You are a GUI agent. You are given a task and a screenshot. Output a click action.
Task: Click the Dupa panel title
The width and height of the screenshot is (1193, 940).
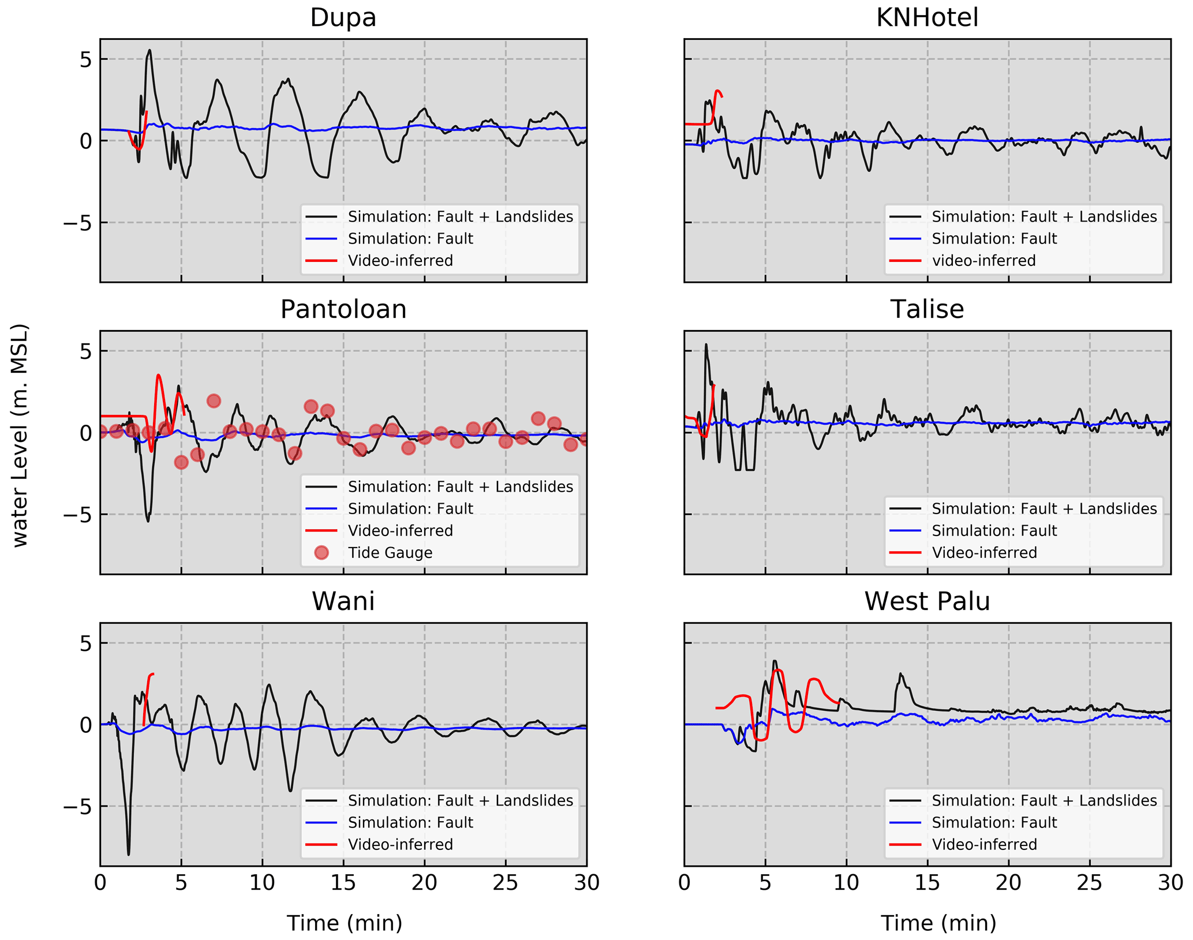[343, 17]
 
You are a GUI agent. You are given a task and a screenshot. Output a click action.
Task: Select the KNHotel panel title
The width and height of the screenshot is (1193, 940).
[927, 17]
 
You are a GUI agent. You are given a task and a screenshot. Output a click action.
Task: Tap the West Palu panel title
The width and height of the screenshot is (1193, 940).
[927, 601]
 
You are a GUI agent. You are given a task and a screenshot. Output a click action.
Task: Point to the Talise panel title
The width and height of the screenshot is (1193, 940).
[927, 309]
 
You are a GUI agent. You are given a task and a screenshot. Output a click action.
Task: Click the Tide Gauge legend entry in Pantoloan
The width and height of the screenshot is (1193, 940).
[390, 553]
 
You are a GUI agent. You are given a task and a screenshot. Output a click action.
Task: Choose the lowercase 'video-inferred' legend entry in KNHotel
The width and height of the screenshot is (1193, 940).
[983, 261]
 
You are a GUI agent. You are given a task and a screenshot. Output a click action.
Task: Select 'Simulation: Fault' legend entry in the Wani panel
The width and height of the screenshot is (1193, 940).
[410, 822]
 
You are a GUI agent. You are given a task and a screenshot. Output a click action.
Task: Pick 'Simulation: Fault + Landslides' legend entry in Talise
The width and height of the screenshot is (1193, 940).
[1044, 508]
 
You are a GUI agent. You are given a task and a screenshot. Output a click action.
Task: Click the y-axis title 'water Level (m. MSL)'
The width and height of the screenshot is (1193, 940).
[20, 436]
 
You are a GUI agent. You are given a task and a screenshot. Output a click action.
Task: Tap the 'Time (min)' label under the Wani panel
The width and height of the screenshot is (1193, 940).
[345, 923]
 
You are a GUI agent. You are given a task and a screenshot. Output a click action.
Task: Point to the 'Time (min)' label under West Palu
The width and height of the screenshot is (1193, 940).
[938, 923]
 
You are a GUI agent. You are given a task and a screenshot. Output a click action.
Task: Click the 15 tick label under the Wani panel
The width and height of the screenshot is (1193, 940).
[343, 883]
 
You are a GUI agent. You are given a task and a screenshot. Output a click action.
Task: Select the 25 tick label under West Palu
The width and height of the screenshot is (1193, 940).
[1089, 883]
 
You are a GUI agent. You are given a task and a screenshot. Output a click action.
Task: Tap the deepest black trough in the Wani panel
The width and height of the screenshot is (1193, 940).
[128, 854]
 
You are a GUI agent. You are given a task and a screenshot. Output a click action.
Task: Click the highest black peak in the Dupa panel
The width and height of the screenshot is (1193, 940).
[149, 50]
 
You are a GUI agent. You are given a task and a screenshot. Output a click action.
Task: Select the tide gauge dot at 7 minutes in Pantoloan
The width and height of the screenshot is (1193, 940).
[214, 401]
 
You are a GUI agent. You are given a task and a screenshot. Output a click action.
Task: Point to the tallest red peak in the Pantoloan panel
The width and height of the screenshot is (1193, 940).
[159, 376]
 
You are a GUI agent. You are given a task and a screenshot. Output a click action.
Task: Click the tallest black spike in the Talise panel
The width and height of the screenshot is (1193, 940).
[705, 344]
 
